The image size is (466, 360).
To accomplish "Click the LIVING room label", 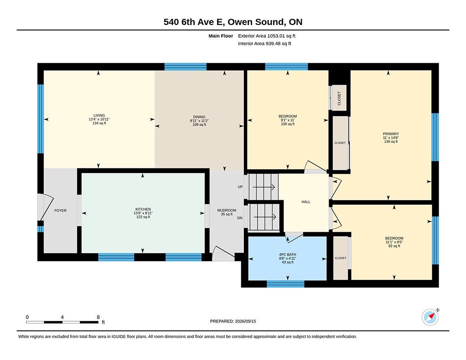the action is coord(99,115).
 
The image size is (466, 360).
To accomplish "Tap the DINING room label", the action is coord(199,117).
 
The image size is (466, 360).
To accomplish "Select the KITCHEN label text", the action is coord(143,209).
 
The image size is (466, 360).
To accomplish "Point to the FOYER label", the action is coord(61,210).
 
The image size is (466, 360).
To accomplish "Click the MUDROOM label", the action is coord(227,210).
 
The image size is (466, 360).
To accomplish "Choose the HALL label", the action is coord(306,202).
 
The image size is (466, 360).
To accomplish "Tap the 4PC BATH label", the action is coord(288,255).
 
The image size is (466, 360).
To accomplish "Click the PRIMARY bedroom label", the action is coord(391,134).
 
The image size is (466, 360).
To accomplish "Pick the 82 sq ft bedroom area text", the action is coord(395,246).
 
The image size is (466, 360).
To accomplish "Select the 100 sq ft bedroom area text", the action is coord(288,124).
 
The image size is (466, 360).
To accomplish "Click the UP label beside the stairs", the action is coord(240,187).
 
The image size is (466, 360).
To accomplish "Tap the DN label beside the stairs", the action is coord(240,218).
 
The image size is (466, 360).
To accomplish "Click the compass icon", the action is coord(430,318).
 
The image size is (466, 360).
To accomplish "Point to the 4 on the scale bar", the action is coord(62,317).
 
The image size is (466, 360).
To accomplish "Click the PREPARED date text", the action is coord(233,321).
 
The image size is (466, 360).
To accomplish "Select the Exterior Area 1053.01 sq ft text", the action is coord(267,36).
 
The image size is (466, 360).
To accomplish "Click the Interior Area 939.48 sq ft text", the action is coord(264,43).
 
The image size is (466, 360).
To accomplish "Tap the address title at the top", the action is coord(233,22).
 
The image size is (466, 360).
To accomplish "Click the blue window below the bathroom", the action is coord(286,284).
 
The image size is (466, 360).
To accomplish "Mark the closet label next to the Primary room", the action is coord(340,143).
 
